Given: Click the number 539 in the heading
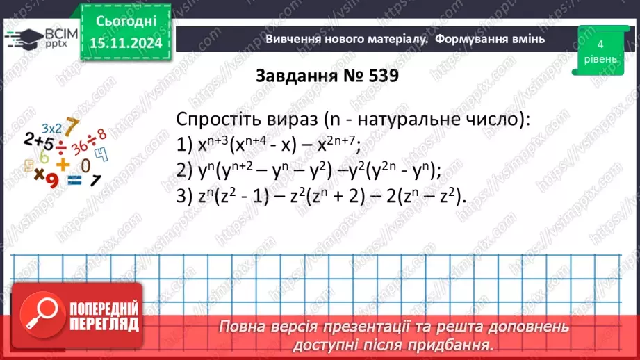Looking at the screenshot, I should [x=377, y=76].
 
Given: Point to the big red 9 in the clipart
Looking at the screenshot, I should [x=49, y=179].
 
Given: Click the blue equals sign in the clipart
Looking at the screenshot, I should [x=74, y=180].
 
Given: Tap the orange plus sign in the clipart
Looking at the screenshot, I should [x=63, y=164].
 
